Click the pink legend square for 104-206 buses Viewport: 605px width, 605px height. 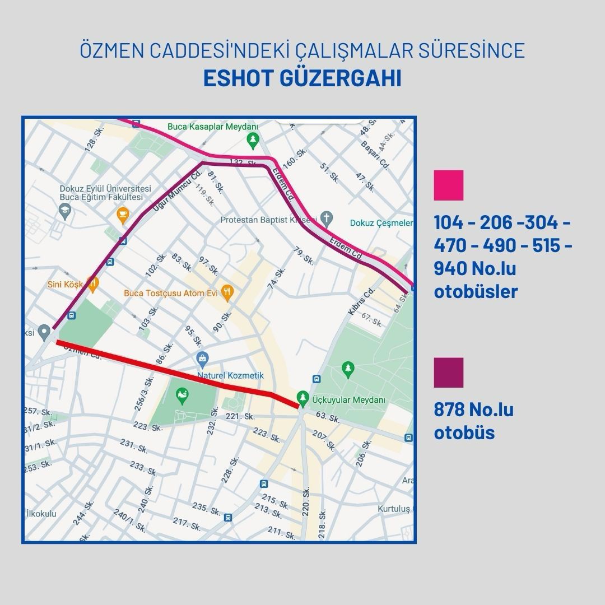449,186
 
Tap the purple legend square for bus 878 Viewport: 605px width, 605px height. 449,373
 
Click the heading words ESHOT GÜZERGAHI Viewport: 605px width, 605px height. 302,78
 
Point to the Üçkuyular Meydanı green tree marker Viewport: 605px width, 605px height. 302,396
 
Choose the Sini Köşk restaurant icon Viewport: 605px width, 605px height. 93,283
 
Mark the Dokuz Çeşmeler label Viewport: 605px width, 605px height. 381,223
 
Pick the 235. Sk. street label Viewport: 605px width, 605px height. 206,509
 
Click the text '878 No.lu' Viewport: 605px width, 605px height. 474,409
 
